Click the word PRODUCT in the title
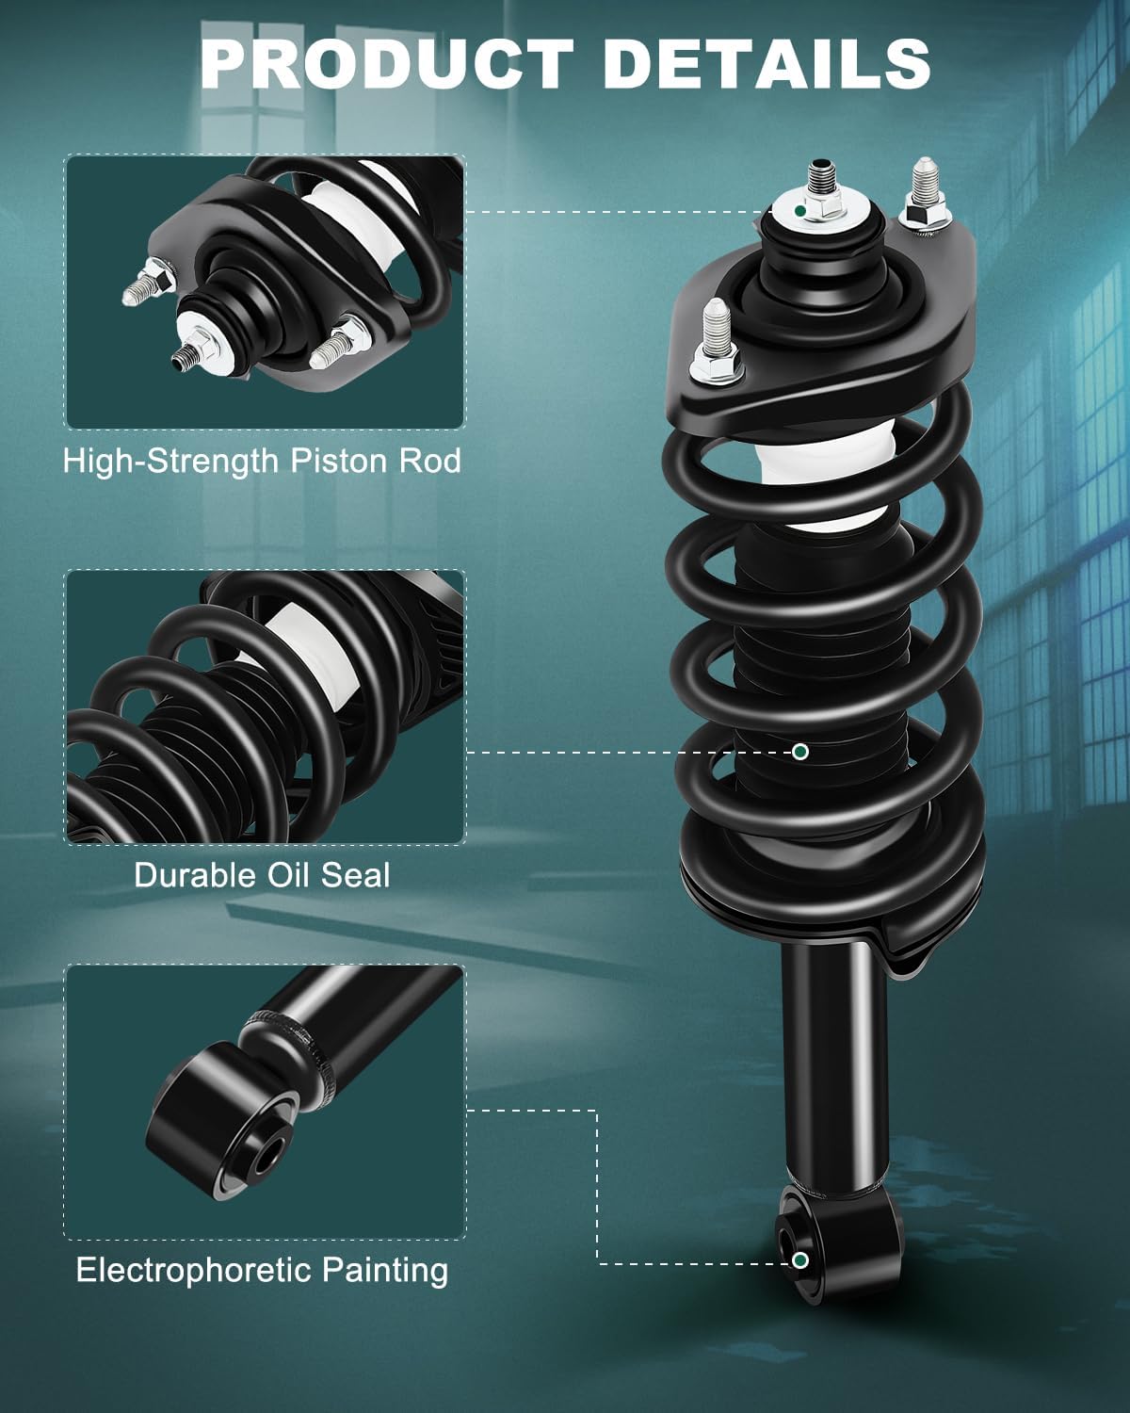387,63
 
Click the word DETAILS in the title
767,63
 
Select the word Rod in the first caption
430,461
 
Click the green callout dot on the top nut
799,211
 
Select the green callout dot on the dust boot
799,752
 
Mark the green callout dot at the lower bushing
799,1260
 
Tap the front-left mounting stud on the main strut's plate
716,341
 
